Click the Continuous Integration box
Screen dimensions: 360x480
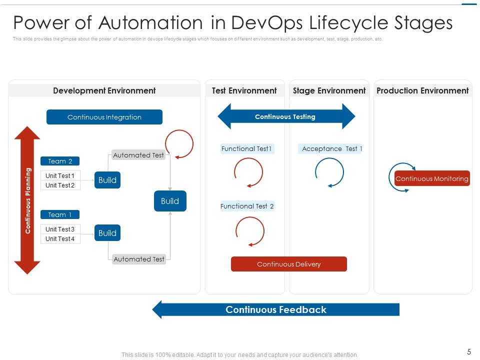click(104, 117)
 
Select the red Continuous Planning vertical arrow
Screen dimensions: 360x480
click(27, 200)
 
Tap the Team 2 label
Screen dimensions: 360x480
click(60, 161)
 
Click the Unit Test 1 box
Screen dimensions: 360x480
click(60, 175)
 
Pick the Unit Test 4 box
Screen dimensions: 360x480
click(60, 238)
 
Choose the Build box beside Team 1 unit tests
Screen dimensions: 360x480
click(107, 233)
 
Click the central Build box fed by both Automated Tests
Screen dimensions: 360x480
click(170, 201)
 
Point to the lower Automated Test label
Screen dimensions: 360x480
click(139, 259)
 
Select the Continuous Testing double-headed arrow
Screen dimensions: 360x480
click(286, 116)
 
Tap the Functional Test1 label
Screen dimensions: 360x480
click(247, 148)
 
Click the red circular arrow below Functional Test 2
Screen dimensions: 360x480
click(249, 231)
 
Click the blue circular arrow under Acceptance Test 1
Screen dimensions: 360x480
click(329, 172)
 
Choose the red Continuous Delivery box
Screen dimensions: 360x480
click(288, 264)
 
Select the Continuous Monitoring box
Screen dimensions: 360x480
click(432, 178)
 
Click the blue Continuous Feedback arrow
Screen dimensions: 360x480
click(276, 309)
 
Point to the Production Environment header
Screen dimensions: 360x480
click(422, 90)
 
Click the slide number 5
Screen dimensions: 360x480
click(469, 351)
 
